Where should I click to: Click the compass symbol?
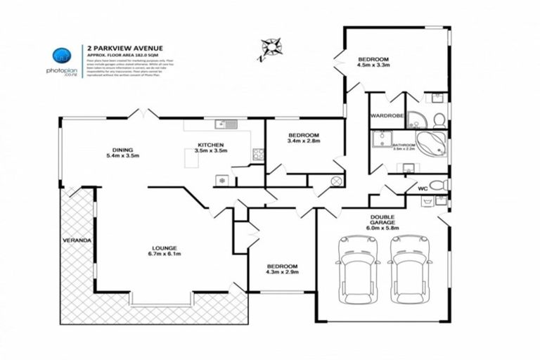270,47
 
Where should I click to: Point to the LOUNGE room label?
162,247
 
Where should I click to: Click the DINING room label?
122,149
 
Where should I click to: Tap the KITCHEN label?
211,146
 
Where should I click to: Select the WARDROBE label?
385,117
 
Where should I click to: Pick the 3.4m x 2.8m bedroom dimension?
304,141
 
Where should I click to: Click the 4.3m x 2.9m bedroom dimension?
281,272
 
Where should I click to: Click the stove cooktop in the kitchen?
257,153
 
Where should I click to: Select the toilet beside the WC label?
439,185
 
